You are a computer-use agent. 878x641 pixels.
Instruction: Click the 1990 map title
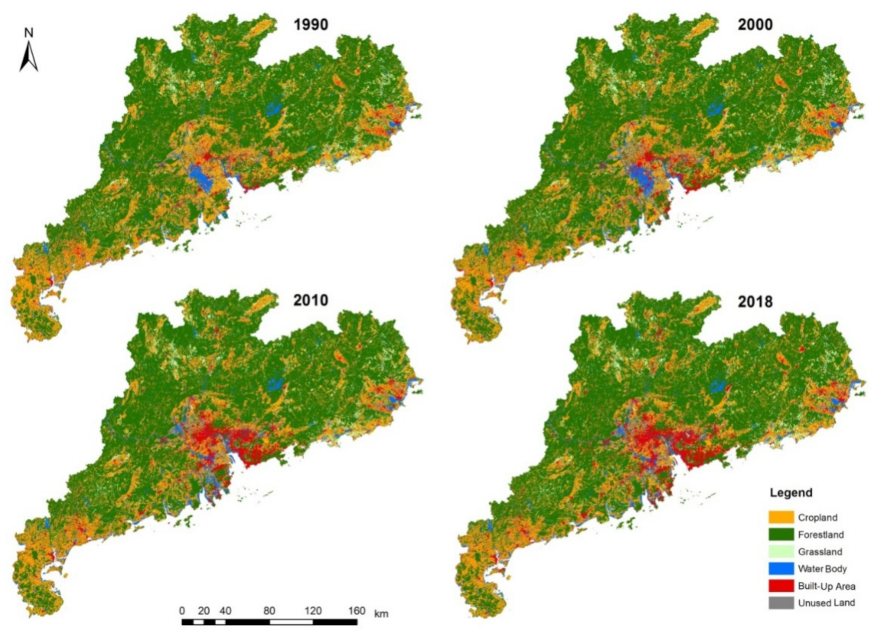tap(310, 24)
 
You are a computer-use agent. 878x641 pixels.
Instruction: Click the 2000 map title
tap(755, 24)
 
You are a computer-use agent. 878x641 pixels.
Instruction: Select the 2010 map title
tap(310, 300)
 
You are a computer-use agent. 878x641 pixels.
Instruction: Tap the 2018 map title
tap(755, 301)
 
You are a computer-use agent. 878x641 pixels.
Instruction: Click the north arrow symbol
tap(29, 57)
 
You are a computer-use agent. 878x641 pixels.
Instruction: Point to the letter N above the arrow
tap(28, 33)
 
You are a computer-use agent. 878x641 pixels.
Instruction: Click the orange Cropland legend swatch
tap(781, 517)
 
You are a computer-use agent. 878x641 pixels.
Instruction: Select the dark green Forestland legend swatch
tap(781, 534)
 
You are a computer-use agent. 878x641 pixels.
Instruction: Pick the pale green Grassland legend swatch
tap(781, 551)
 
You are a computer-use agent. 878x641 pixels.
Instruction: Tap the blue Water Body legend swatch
tap(781, 569)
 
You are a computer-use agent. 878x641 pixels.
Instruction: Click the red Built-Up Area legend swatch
tap(781, 586)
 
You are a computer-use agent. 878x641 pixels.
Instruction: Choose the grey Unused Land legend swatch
tap(781, 603)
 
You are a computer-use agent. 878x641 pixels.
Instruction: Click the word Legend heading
tap(791, 492)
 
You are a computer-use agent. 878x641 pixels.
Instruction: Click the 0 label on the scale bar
tap(182, 611)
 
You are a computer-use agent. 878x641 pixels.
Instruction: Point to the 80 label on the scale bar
tap(269, 611)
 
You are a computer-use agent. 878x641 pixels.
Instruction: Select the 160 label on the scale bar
tap(356, 611)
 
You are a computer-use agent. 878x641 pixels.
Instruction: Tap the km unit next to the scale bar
tap(381, 614)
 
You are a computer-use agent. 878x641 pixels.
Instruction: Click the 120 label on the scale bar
tap(312, 611)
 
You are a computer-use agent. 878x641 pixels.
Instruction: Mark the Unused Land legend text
tap(826, 603)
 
